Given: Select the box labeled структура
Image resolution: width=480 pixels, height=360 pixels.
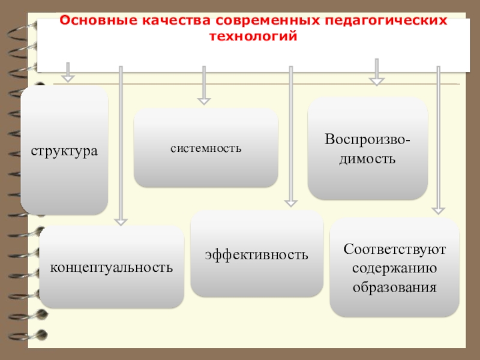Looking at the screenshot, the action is (x=64, y=150).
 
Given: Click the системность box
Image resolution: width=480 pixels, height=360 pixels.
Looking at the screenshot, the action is (x=206, y=148).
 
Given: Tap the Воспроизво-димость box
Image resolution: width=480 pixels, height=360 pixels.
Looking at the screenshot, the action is (x=368, y=148).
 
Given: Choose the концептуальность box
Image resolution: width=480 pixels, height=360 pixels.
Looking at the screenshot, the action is (x=112, y=266).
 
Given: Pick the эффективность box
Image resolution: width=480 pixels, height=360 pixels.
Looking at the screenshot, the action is (x=257, y=254).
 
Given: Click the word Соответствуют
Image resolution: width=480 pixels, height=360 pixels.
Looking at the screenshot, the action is (x=394, y=248).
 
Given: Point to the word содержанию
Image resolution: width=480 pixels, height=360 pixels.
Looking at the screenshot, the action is (x=394, y=268).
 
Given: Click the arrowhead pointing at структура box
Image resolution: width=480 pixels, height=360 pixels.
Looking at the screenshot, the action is (x=68, y=77).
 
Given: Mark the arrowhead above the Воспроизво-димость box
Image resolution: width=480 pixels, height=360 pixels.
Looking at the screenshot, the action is (x=376, y=80).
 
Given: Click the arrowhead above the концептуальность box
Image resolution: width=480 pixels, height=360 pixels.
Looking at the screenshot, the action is (x=121, y=221).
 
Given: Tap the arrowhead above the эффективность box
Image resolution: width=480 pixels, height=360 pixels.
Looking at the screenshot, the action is (x=290, y=203).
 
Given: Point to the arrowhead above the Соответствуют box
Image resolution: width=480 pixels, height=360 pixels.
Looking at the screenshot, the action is (x=439, y=210).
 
